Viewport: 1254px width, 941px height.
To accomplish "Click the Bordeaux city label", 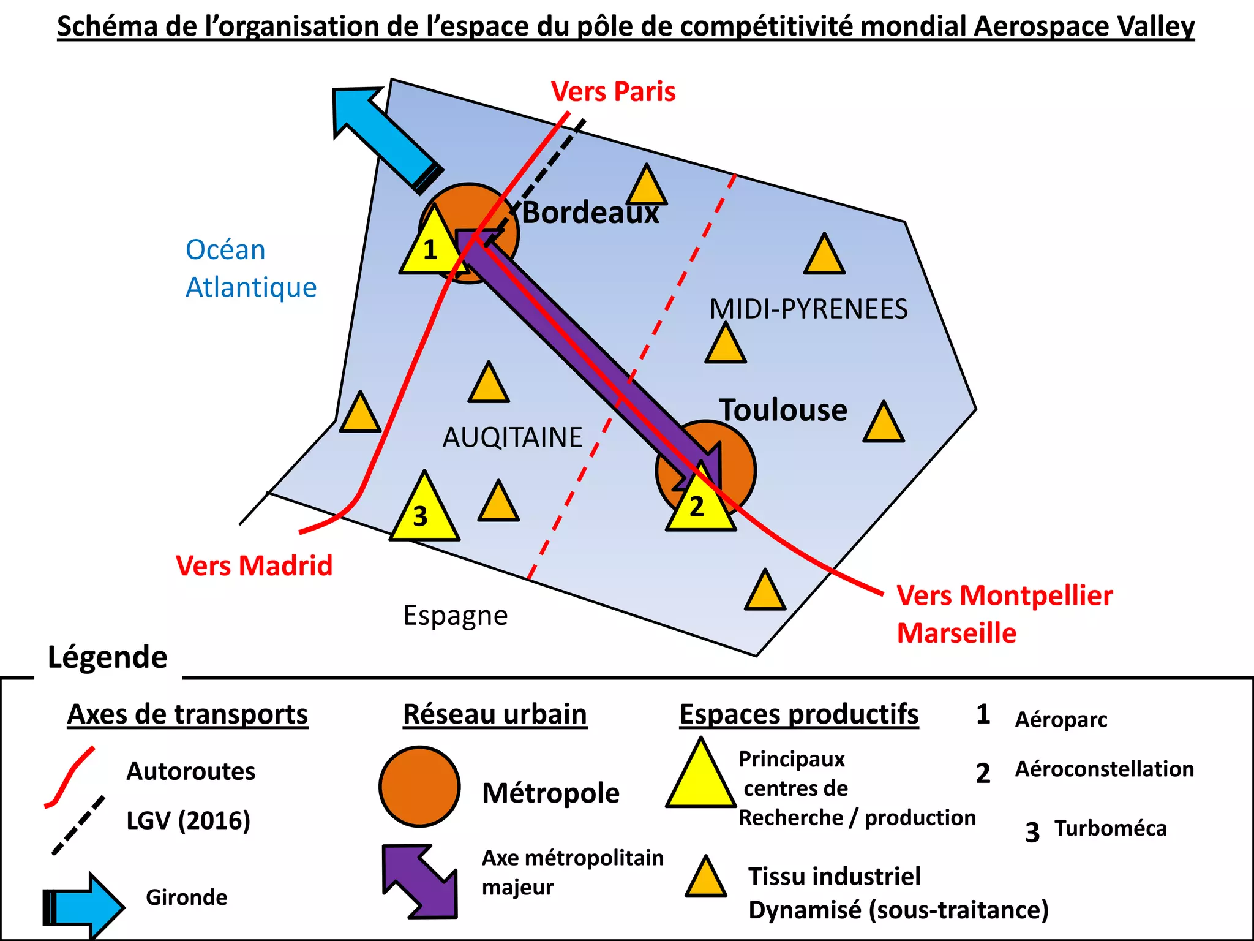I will click(590, 213).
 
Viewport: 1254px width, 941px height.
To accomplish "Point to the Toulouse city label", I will click(783, 410).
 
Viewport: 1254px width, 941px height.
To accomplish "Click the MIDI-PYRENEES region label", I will click(808, 309).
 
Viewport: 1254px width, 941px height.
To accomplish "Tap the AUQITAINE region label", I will click(512, 437).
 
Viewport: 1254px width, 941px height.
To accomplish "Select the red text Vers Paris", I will click(613, 92).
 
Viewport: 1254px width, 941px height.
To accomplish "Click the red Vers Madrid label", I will click(254, 565).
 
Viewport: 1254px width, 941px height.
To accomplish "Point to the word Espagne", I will click(455, 615).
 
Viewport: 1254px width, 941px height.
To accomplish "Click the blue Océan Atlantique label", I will click(250, 268).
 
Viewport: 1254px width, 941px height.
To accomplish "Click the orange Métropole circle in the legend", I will click(419, 786).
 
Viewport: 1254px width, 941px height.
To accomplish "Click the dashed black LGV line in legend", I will click(78, 825).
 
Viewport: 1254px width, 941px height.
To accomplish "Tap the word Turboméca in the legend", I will click(1110, 828).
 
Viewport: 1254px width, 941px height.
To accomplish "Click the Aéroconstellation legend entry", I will click(1104, 769).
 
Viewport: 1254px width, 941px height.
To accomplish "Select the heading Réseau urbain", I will click(495, 714).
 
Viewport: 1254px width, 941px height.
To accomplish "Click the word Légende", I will click(108, 657).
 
